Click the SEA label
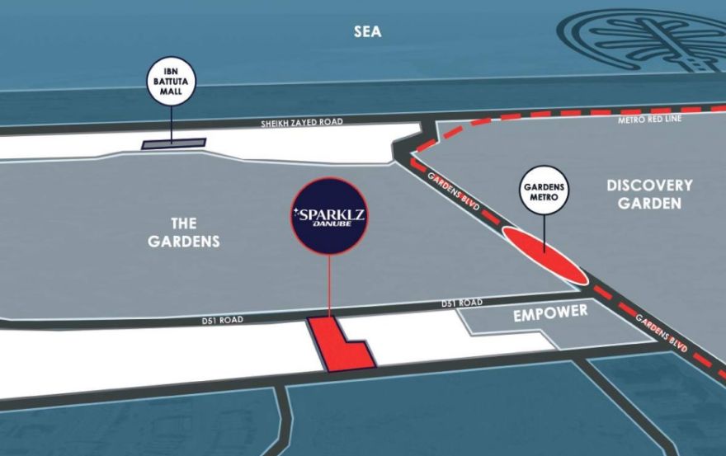pyautogui.click(x=369, y=31)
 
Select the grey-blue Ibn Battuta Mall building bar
pyautogui.click(x=172, y=144)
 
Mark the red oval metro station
pyautogui.click(x=545, y=256)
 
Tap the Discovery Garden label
pyautogui.click(x=649, y=193)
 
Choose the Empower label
pyautogui.click(x=550, y=313)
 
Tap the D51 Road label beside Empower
pyautogui.click(x=462, y=303)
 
